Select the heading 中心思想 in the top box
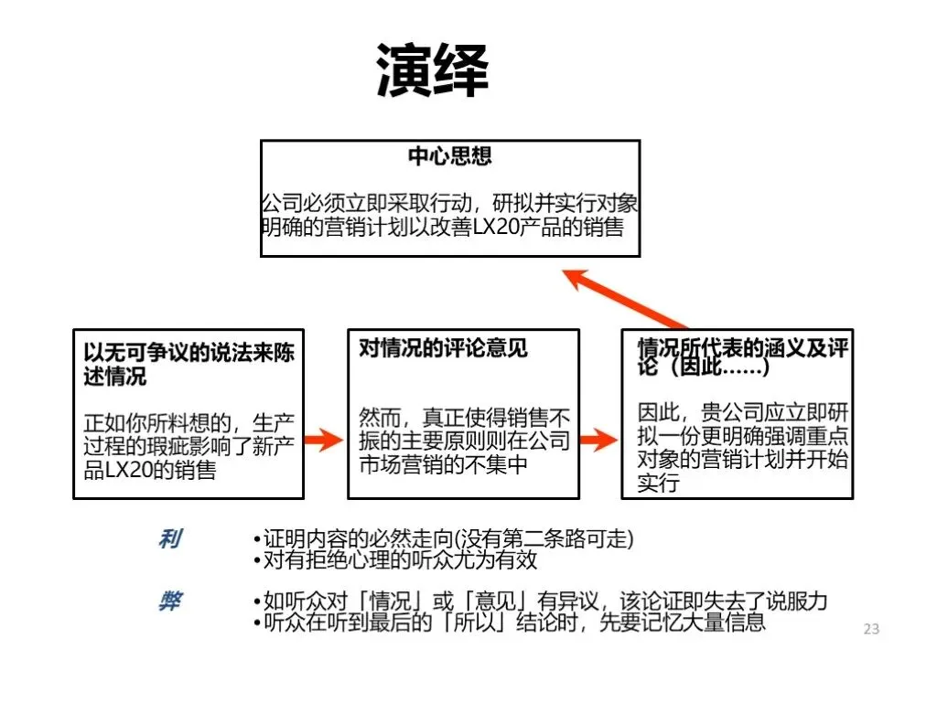(x=449, y=156)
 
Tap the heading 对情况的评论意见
(x=443, y=348)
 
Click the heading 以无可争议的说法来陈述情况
(x=188, y=364)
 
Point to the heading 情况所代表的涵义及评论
(x=742, y=357)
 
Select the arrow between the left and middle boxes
(x=323, y=441)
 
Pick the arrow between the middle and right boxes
(x=599, y=441)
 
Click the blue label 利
(x=169, y=540)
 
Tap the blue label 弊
(x=169, y=601)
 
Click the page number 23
(x=871, y=629)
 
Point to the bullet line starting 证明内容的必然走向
(x=443, y=539)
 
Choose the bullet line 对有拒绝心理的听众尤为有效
(x=394, y=559)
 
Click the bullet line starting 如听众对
(x=540, y=601)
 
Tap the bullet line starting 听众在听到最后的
(x=509, y=622)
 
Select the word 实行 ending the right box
(x=658, y=484)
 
